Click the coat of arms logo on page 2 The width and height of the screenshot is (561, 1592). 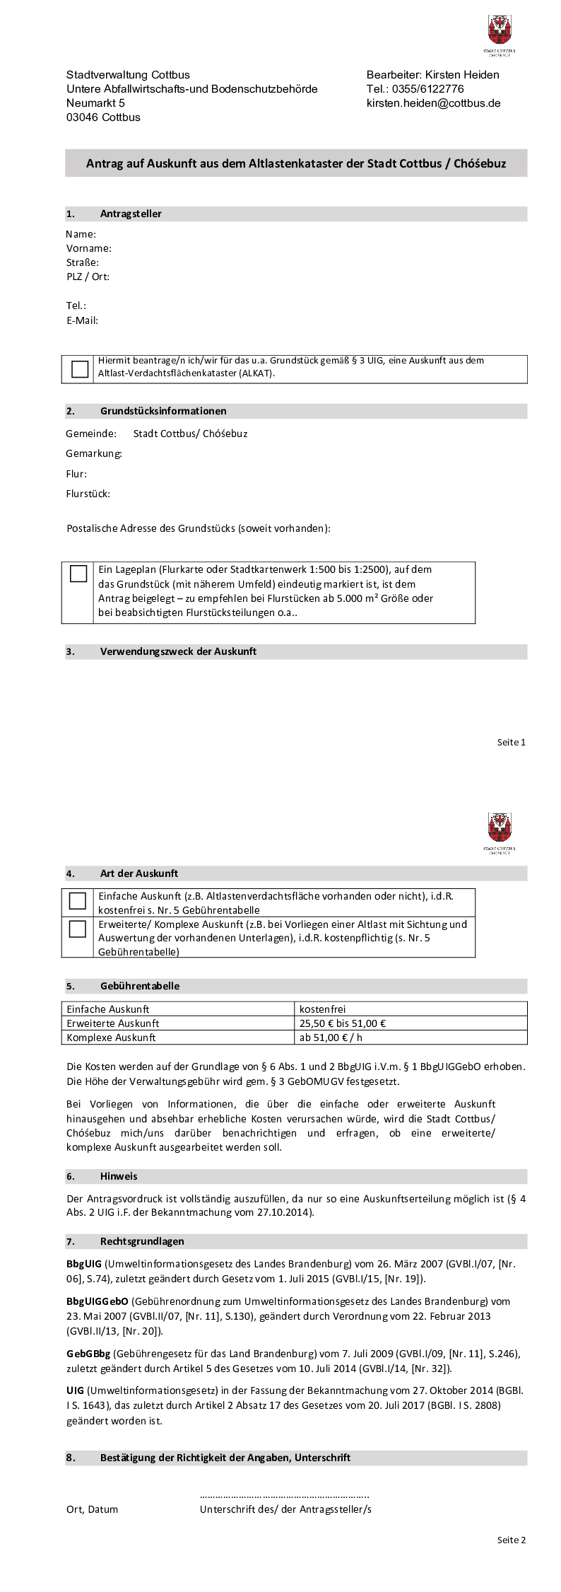500,827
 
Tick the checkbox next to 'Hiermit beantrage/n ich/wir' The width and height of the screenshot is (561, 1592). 80,368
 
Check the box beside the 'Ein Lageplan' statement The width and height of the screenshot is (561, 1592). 78,574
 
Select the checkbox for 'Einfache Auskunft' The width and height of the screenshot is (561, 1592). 78,900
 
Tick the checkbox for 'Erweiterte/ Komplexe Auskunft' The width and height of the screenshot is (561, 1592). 78,929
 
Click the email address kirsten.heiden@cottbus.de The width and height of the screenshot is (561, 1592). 433,103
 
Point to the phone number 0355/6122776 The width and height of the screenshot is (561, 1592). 434,89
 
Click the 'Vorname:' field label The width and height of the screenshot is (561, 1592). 89,248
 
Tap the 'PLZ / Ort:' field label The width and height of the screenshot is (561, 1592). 88,277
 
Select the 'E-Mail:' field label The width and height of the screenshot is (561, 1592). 82,320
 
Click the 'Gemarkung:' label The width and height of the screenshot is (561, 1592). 94,453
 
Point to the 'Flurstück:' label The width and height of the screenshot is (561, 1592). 88,494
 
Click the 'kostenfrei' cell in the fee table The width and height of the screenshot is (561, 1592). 322,1009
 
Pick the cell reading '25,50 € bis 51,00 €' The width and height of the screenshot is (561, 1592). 343,1023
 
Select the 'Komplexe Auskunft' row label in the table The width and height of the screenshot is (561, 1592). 111,1038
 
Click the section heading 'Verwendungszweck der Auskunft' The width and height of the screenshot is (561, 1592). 178,651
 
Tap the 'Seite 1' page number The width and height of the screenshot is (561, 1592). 511,742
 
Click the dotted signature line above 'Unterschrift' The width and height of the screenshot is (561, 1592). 285,1496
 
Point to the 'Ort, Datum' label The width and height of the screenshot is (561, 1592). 93,1509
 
